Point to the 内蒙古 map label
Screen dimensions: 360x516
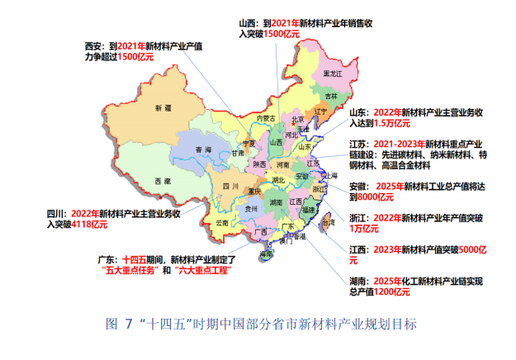click(263, 119)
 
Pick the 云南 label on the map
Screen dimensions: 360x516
click(221, 223)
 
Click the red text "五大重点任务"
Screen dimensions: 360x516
click(127, 270)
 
